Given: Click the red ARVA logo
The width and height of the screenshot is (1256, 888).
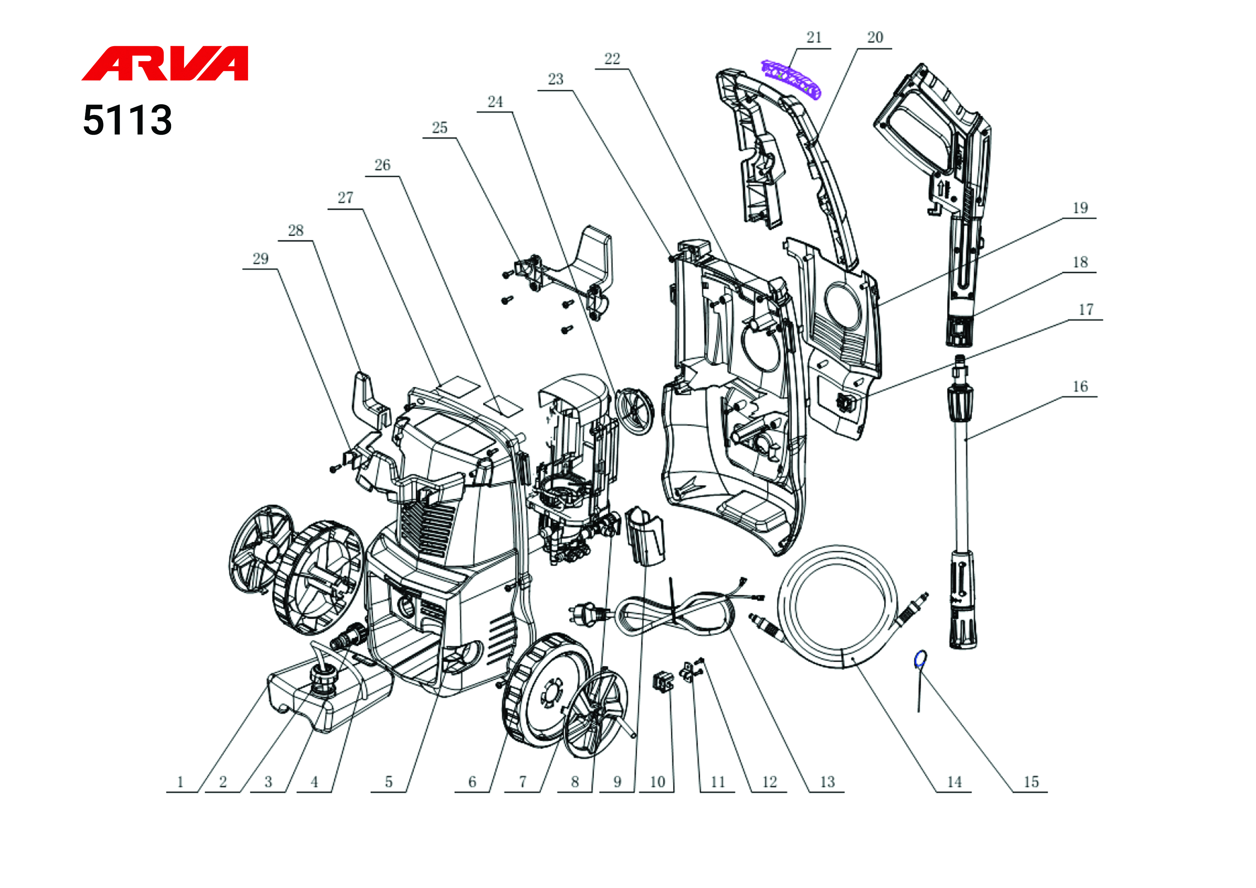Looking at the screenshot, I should pos(165,63).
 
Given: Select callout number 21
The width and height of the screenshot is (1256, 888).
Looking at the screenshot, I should pos(814,38).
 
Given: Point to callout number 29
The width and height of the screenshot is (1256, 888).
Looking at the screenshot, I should pos(260,259).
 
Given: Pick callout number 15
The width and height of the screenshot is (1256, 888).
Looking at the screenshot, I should pos(1031,782).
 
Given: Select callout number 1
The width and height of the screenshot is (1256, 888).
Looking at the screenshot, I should pos(180,782).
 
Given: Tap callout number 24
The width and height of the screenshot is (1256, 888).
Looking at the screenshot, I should pos(495,102).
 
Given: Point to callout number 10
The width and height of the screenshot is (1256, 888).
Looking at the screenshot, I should pos(658,782).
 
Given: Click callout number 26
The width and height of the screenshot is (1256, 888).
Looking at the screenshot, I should pos(382,165).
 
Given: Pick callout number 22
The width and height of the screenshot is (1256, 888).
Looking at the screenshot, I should pos(612,59).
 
